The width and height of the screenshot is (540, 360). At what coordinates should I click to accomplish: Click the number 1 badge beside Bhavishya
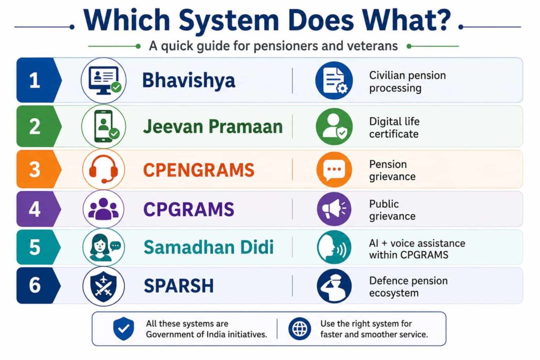(37, 80)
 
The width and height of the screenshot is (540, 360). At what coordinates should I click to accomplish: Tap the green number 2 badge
(37, 127)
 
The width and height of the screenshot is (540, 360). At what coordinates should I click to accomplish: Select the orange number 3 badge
(37, 169)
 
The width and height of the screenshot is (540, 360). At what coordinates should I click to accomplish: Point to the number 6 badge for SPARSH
(37, 285)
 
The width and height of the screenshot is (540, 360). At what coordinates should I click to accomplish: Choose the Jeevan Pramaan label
(213, 127)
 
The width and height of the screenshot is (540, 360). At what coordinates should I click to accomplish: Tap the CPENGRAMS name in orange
(199, 170)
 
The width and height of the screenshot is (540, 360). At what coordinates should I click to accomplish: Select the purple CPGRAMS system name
(189, 210)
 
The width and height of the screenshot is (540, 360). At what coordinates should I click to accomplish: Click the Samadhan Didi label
(209, 247)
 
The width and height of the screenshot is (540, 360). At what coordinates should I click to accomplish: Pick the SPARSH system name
(179, 286)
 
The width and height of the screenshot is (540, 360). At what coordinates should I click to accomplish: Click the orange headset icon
(104, 169)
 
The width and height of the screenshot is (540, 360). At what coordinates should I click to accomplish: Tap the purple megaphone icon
(334, 209)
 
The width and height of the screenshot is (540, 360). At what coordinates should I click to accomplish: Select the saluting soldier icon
(334, 286)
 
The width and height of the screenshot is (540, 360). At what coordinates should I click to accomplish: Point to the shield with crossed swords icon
(104, 286)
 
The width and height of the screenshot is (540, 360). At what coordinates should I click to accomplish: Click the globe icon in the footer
(300, 329)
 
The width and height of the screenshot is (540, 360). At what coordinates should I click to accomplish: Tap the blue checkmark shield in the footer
(123, 329)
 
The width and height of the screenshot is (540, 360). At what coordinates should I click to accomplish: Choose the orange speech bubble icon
(334, 169)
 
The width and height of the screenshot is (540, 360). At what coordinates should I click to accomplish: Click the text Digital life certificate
(394, 128)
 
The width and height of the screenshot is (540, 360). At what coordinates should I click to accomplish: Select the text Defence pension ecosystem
(409, 287)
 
